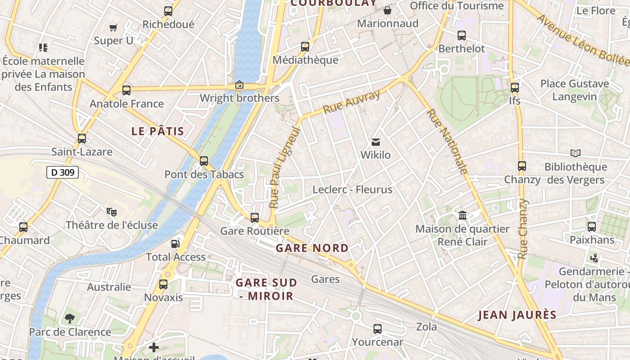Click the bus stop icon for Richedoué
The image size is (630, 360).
(x=168, y=11)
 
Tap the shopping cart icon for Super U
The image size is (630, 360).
(x=113, y=28)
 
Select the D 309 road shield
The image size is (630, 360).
(x=63, y=172)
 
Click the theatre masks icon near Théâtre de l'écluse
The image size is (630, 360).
(x=112, y=211)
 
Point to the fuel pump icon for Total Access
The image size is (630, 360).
(x=175, y=244)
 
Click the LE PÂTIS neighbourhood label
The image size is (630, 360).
(x=157, y=131)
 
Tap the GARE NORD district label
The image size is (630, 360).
(x=312, y=248)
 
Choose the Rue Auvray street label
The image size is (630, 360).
(x=351, y=102)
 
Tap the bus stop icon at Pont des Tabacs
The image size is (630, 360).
(x=204, y=161)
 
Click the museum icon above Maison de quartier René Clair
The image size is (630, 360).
(x=463, y=216)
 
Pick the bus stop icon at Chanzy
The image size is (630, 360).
(x=522, y=166)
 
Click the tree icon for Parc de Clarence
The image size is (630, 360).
(x=70, y=319)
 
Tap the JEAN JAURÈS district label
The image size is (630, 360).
(x=517, y=315)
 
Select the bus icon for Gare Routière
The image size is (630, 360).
(x=255, y=218)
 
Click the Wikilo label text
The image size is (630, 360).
(x=375, y=155)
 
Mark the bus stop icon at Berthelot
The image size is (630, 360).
(x=462, y=36)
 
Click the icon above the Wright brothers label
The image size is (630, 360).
(x=239, y=85)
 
